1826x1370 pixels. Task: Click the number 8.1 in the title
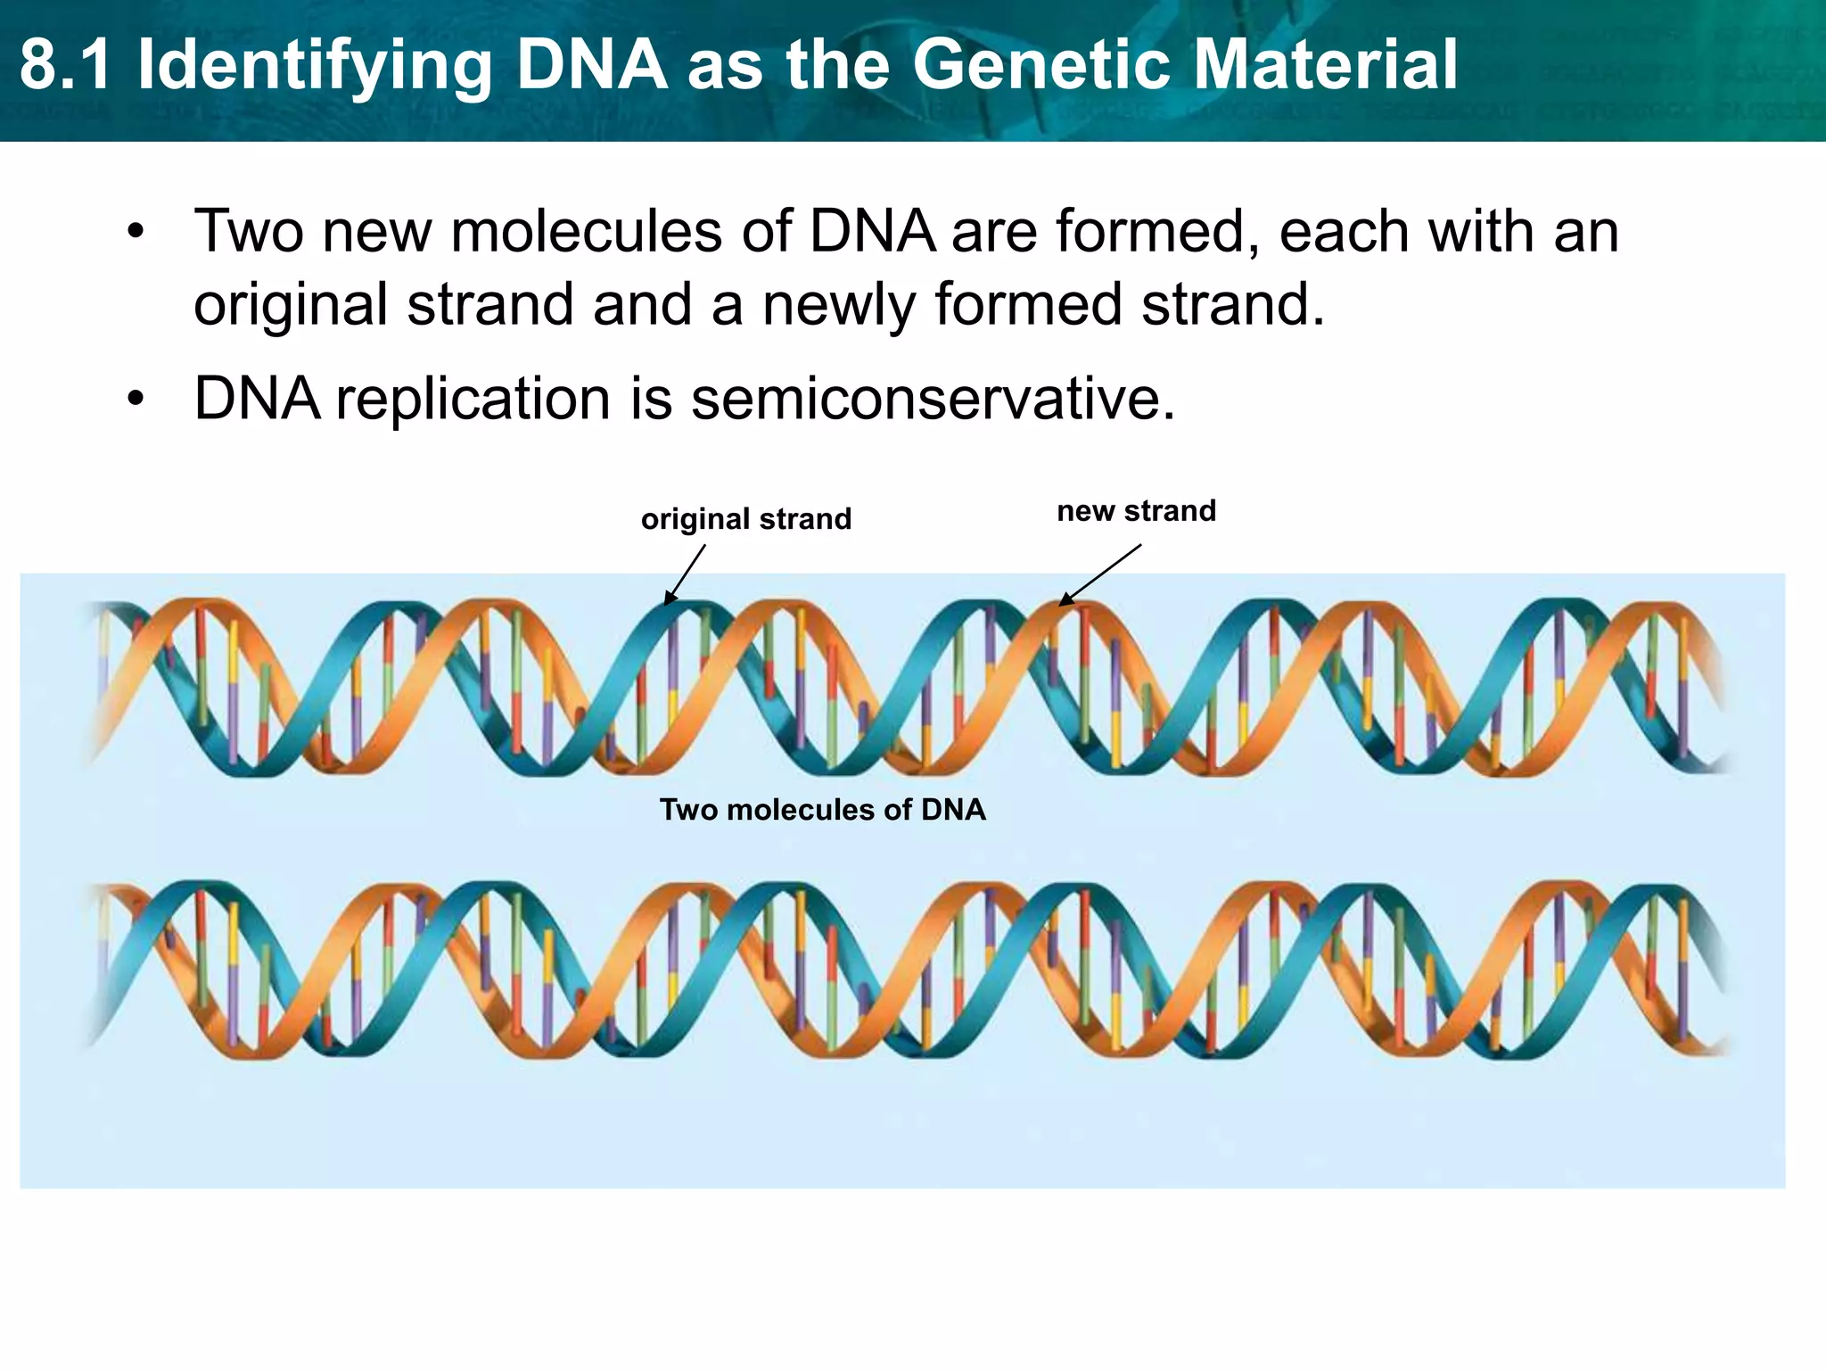coord(66,64)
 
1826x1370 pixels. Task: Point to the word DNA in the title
coord(592,64)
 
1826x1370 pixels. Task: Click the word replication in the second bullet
coord(473,400)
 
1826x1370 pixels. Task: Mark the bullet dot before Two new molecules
coord(135,232)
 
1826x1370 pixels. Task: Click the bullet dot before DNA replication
coord(135,399)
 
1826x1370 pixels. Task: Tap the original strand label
coord(746,519)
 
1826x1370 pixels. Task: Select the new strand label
coord(1136,511)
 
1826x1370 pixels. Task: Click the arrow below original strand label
coord(684,575)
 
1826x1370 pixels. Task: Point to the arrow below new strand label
coord(1099,574)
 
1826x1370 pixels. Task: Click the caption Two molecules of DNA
coord(822,810)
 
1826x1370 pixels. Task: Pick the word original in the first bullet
coord(291,306)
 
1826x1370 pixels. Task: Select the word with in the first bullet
coord(1481,231)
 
